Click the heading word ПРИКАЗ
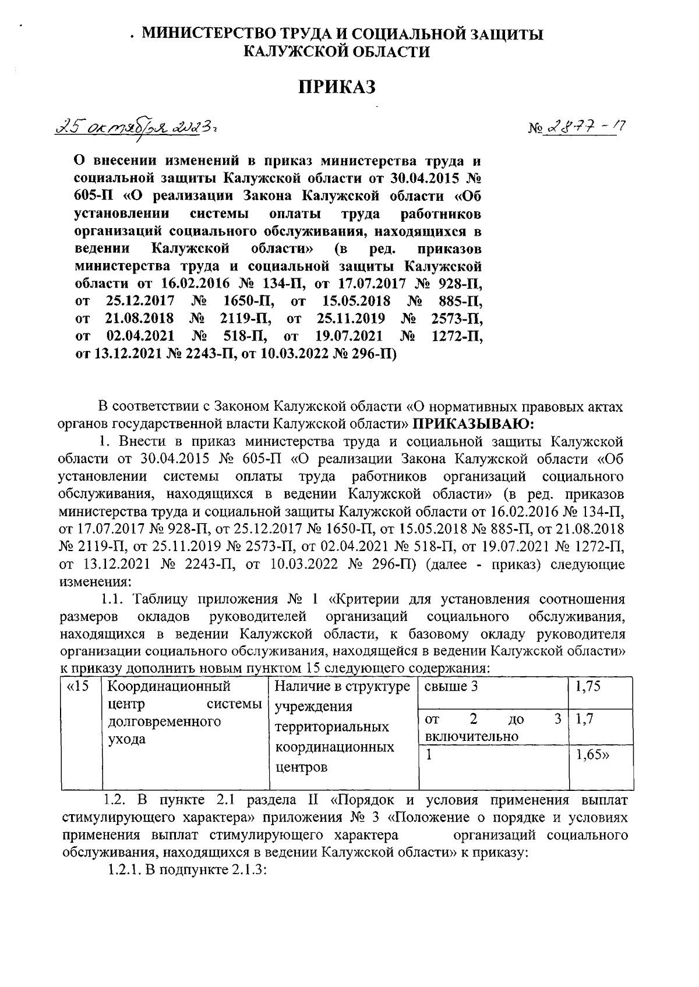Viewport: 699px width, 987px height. tap(337, 87)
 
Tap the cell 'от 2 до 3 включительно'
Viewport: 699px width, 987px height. tap(493, 727)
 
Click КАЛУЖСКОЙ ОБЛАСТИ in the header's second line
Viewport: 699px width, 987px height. tap(337, 52)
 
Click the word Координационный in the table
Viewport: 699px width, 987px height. tap(170, 687)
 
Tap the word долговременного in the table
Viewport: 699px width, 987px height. tap(165, 722)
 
